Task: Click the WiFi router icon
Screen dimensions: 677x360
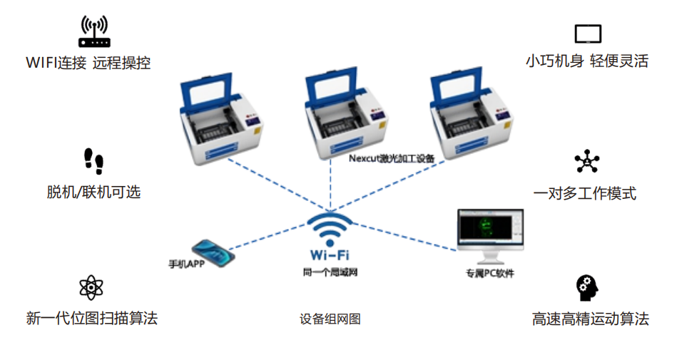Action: (x=94, y=31)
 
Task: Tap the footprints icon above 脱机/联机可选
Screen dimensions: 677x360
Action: (x=93, y=161)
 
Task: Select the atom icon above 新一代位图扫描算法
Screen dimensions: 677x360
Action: (x=91, y=287)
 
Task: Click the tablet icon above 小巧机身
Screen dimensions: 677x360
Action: (x=588, y=34)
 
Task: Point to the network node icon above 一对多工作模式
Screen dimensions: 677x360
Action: (x=587, y=161)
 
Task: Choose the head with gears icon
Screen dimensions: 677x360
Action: (x=587, y=288)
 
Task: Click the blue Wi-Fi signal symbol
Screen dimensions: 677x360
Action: (x=330, y=230)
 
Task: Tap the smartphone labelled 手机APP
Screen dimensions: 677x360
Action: (x=213, y=253)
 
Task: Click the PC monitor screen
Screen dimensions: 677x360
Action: (x=491, y=229)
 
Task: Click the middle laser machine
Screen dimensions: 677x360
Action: (x=345, y=113)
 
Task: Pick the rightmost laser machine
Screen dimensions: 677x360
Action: (x=471, y=113)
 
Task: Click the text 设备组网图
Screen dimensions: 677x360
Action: (x=330, y=319)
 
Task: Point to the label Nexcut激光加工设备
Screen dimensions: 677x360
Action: (x=392, y=158)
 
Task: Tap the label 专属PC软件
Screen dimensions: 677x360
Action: (x=490, y=273)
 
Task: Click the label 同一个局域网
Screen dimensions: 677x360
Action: (x=330, y=272)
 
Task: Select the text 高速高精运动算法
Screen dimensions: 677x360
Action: (x=590, y=319)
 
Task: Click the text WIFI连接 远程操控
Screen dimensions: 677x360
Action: (x=88, y=63)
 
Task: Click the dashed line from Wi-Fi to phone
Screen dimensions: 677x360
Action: (x=268, y=237)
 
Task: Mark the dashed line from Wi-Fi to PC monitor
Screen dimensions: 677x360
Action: (x=404, y=237)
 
